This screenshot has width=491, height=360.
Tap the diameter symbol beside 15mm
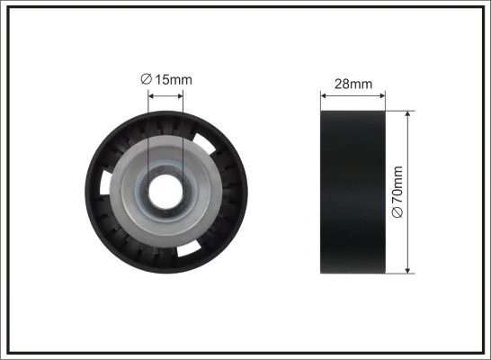pos(147,79)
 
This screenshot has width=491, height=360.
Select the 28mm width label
pos(353,84)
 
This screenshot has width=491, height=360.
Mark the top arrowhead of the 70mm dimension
pos(409,116)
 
